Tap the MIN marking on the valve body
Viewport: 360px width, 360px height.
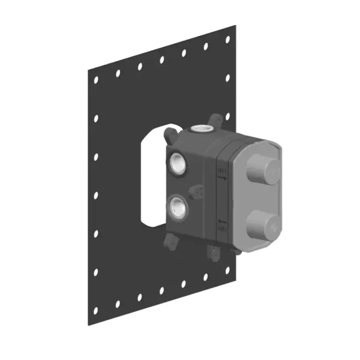point(221,226)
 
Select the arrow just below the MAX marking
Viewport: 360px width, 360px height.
point(221,178)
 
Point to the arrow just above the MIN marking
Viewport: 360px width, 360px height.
point(221,220)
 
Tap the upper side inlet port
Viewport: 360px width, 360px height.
point(178,162)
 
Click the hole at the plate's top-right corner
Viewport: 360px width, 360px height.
point(227,39)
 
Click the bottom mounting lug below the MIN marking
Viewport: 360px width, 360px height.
point(213,254)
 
